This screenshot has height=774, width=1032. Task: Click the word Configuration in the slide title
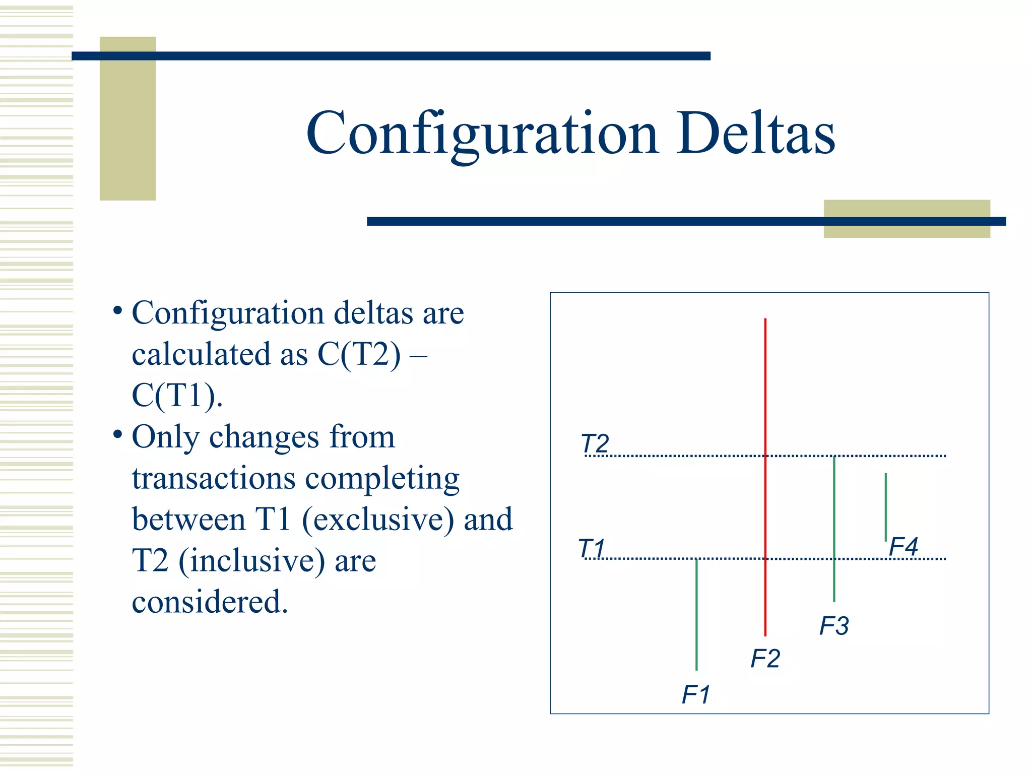point(482,134)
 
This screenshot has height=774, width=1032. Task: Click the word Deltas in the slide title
point(755,134)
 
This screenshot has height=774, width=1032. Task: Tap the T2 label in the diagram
point(595,444)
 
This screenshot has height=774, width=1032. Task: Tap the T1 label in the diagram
point(592,548)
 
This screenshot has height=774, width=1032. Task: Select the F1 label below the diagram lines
point(696,695)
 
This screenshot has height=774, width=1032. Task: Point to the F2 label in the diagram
point(765,659)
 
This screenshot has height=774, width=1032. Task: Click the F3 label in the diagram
point(834,626)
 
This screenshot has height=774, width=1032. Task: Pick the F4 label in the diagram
point(903,547)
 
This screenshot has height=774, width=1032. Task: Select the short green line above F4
point(885,506)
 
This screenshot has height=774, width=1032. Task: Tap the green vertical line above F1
point(696,615)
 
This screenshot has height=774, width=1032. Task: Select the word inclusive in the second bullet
point(252,561)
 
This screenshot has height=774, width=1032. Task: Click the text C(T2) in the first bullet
point(359,354)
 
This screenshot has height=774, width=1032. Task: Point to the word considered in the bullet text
point(210,602)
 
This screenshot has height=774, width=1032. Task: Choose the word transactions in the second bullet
point(213,478)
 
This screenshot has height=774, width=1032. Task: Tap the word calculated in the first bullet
point(201,354)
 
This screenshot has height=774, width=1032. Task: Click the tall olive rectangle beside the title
point(127,118)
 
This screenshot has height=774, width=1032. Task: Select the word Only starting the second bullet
point(165,437)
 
